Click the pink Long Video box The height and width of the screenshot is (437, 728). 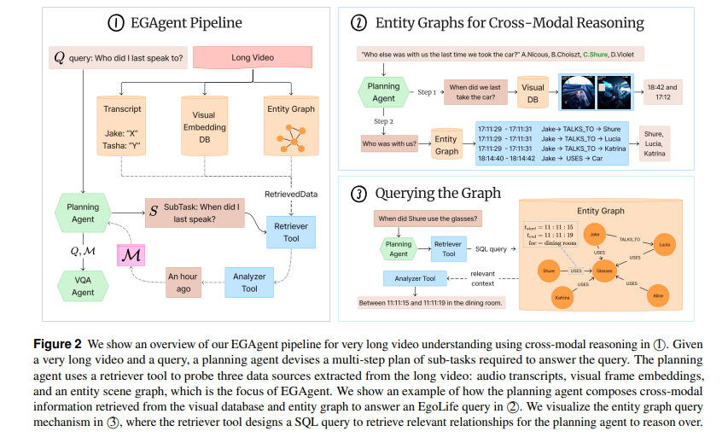[x=253, y=58]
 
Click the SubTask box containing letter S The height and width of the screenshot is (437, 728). [x=192, y=213]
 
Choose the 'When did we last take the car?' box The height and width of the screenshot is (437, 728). [x=475, y=92]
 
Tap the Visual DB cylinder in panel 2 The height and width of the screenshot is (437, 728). [x=533, y=90]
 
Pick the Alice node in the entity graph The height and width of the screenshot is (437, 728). [x=657, y=294]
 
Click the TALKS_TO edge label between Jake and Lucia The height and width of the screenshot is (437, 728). [x=629, y=240]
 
